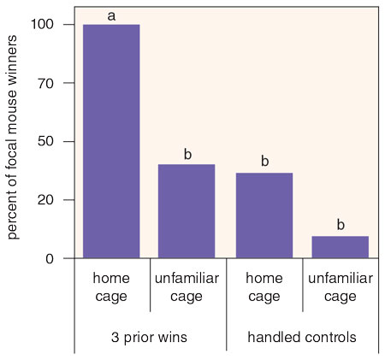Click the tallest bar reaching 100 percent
click(111, 141)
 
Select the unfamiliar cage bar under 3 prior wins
click(187, 211)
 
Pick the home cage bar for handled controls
click(264, 215)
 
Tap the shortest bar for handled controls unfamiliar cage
click(341, 247)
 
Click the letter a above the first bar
click(111, 16)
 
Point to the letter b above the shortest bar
click(341, 224)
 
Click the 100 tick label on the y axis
click(42, 24)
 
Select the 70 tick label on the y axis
click(45, 83)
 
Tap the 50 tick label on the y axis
click(45, 141)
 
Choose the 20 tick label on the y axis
click(45, 200)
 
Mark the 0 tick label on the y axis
click(50, 259)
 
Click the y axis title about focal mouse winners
click(12, 137)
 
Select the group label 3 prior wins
click(149, 337)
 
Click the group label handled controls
click(302, 337)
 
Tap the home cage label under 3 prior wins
click(111, 287)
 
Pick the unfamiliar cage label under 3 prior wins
click(187, 287)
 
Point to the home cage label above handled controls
click(264, 287)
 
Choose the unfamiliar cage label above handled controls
click(341, 287)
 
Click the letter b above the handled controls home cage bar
click(265, 161)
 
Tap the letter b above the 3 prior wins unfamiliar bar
click(187, 154)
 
